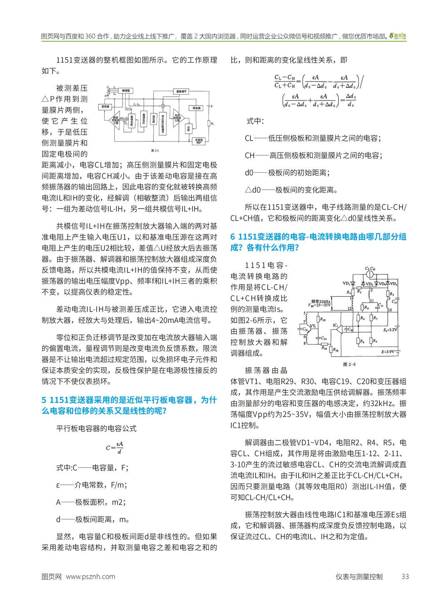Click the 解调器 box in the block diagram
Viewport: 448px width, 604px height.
(x=125, y=90)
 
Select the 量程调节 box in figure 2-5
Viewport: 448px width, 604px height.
(x=181, y=91)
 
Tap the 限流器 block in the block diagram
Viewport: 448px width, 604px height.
(x=195, y=108)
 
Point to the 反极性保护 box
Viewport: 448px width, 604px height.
(x=199, y=141)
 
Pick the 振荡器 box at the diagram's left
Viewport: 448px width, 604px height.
(x=104, y=107)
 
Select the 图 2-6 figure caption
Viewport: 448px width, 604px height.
(x=349, y=364)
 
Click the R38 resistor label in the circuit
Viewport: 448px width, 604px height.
(x=336, y=350)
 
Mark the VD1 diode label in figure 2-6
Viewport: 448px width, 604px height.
(x=346, y=284)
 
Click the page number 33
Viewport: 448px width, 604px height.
(x=405, y=576)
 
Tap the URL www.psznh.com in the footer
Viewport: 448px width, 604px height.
(x=90, y=576)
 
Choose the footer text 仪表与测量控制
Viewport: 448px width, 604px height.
(x=359, y=576)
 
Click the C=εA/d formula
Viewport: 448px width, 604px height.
(x=115, y=448)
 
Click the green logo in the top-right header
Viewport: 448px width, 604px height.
(x=398, y=37)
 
